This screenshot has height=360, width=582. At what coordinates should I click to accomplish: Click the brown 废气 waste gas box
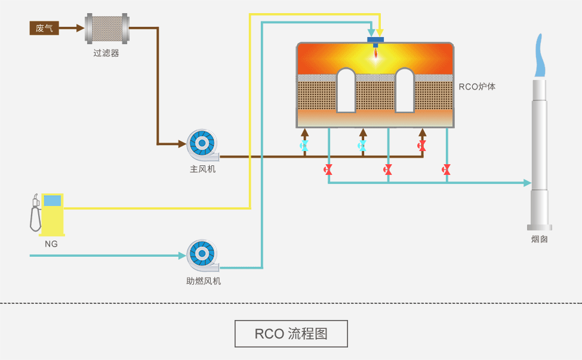coord(44,27)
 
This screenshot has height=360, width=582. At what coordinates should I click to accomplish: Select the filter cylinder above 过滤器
coord(107,28)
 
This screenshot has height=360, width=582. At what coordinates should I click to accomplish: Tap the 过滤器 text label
coord(106,53)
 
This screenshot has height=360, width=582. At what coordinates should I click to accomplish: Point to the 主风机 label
coord(202,170)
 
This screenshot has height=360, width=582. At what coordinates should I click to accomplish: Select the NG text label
coord(51,244)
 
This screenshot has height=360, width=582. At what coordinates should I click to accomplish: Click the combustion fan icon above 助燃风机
coord(202,256)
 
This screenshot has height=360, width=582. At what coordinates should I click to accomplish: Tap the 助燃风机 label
coord(203,281)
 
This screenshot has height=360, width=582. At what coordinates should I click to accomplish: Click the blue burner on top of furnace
coord(376,41)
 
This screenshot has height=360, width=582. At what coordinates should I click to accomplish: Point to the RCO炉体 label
coord(477,87)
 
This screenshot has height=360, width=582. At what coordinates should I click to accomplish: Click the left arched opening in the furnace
coord(346,90)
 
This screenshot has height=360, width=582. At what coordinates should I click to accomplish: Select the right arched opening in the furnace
coord(404,90)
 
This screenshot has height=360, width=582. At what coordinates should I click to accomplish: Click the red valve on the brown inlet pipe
coord(422,146)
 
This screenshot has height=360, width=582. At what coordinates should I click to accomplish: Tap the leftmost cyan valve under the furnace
coord(304,146)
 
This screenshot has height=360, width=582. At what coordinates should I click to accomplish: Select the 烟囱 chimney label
coord(539,239)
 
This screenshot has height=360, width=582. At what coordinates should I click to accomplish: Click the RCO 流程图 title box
coord(291,334)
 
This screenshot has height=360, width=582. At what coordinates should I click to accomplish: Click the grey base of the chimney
coord(539,227)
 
